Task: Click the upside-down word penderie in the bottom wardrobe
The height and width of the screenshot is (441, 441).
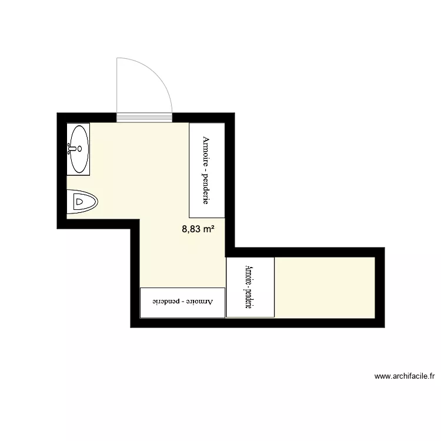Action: [166, 302]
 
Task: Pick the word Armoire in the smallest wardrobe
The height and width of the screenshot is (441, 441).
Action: [249, 276]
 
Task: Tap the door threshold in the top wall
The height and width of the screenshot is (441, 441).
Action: [144, 118]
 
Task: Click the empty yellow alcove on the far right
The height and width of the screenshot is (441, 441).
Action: [323, 286]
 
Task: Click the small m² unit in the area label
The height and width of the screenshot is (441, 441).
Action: [208, 230]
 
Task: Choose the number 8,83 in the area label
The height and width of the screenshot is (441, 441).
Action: [191, 230]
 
